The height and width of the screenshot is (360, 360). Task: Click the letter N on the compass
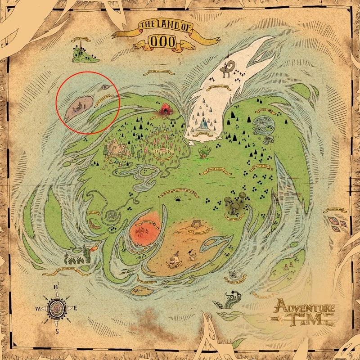56,287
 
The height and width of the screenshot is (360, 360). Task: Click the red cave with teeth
166,108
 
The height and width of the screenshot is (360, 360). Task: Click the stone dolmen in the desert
196,223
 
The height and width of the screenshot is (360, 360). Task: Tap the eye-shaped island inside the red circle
105,86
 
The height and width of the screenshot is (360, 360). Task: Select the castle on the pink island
78,107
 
